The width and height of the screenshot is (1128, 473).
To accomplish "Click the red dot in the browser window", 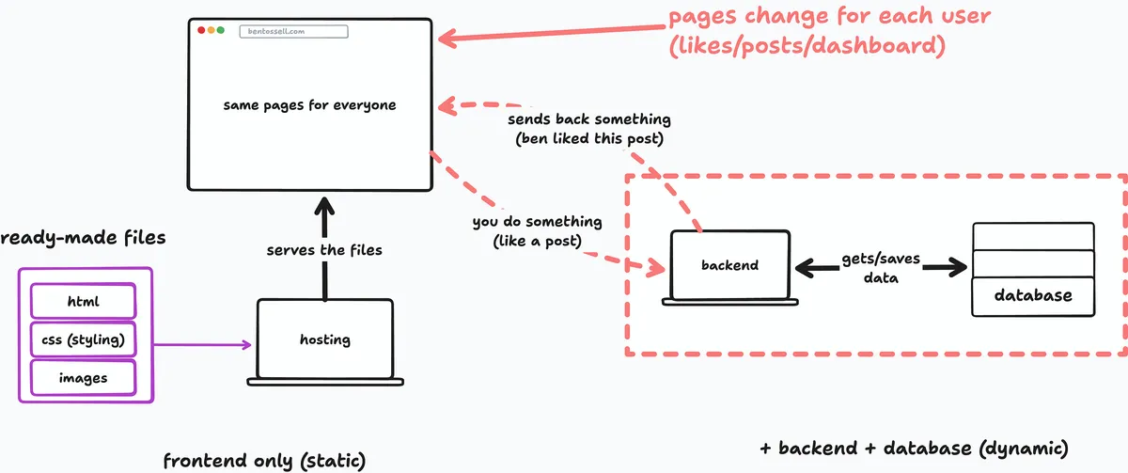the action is coord(201,30).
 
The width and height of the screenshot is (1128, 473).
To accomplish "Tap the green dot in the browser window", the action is coord(221,30).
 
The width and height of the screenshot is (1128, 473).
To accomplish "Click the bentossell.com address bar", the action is coord(293,31).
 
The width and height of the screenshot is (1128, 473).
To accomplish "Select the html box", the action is coord(83,301).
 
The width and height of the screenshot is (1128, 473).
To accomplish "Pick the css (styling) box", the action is coord(83,339).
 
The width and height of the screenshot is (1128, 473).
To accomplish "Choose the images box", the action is coord(83,378).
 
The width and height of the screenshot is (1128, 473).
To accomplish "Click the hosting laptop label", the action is coord(325,339).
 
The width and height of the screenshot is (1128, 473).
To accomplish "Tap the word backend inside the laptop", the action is coord(729,265).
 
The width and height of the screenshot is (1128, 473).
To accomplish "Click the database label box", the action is coord(1033,296).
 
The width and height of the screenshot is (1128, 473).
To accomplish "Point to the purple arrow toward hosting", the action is coord(202,344).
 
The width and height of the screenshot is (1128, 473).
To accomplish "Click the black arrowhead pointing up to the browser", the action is coord(325,207).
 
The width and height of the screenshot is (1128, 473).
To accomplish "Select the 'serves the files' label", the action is coord(324,250).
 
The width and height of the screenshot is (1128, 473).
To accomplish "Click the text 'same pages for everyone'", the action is coord(309,105).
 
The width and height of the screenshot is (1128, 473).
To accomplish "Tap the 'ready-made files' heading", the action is coord(83,237).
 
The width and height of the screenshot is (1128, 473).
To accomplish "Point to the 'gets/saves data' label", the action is coord(881,268).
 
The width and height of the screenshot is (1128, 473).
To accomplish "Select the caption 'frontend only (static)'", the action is coord(264,461).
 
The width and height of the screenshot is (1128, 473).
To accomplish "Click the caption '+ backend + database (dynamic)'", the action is coord(914,449).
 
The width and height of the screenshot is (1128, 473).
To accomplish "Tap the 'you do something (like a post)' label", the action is coord(538,231).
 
